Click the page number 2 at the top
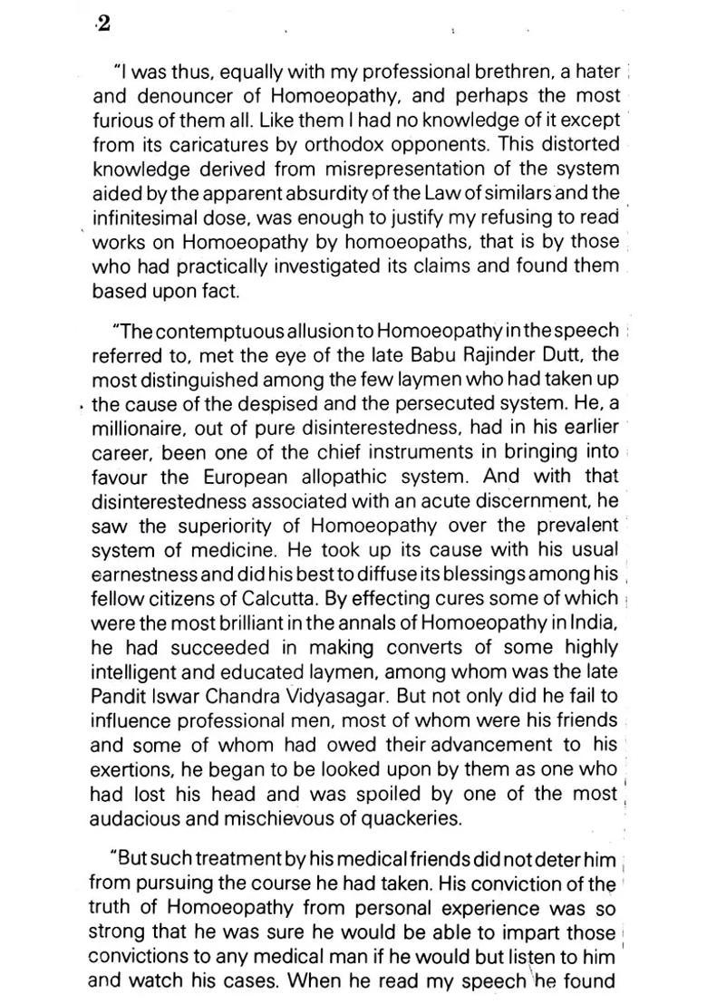(102, 24)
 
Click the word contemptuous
(214, 329)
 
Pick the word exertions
(131, 769)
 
